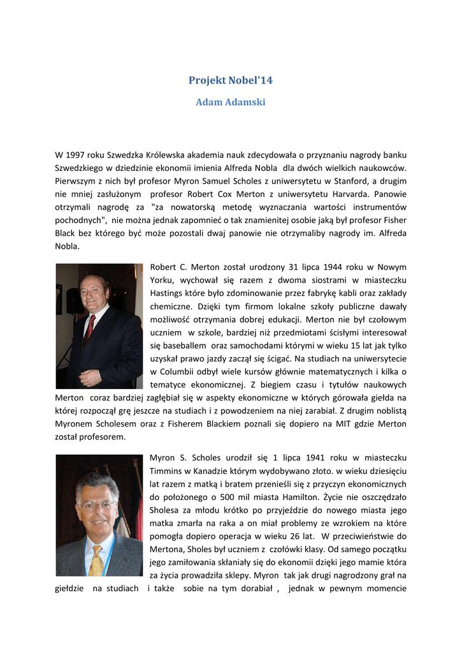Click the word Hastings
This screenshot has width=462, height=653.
pyautogui.click(x=166, y=293)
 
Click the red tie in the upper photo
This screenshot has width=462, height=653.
pyautogui.click(x=90, y=329)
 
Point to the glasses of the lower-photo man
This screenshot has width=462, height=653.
pyautogui.click(x=96, y=504)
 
